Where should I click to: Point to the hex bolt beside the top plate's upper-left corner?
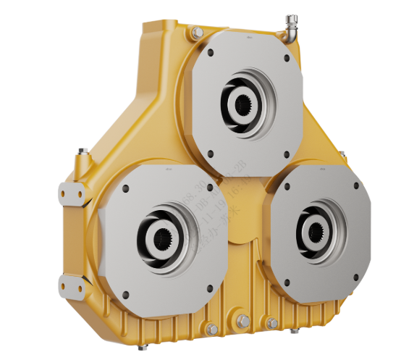coord(196,33)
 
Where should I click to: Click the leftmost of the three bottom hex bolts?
coord(211,330)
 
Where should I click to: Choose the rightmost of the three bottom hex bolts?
coord(272,323)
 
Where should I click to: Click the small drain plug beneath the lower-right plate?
coord(296,332)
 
